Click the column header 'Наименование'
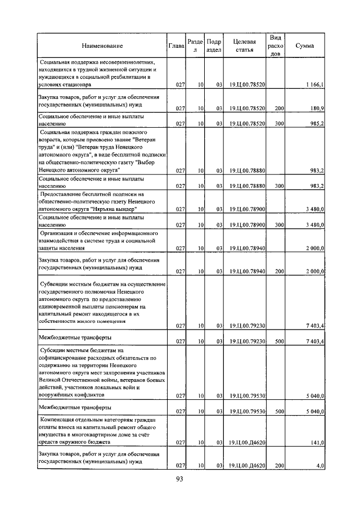pos(102,45)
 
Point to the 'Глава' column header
pos(176,45)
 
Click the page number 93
pos(180,479)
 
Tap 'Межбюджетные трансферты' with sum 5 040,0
pos(74,407)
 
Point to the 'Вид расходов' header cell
pos(276,45)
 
